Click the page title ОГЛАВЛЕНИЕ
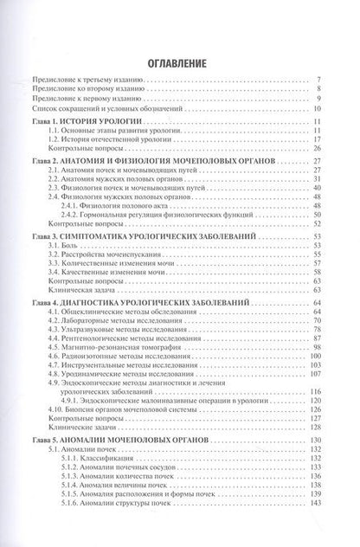pos(180,63)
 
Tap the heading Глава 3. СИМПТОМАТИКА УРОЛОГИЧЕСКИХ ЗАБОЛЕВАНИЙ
pos(138,261)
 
